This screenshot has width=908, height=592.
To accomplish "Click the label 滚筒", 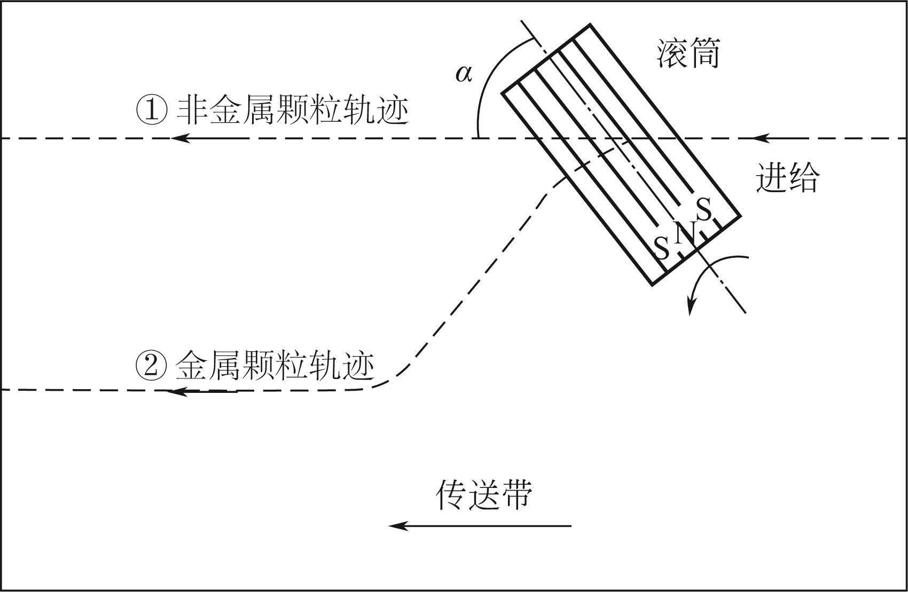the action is (x=688, y=53).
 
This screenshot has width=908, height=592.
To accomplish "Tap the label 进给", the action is (x=787, y=177).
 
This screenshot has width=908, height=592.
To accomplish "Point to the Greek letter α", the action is (x=464, y=73).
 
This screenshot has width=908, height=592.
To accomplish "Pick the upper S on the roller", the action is (x=704, y=209).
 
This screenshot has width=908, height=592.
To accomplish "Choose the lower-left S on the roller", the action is (x=662, y=248).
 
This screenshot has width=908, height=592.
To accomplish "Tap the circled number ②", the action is (x=151, y=366).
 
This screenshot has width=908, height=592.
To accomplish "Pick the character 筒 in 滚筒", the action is (x=705, y=53).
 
